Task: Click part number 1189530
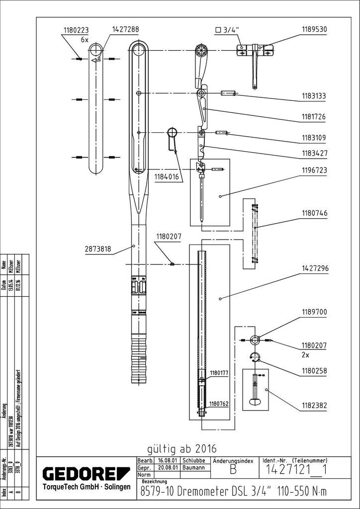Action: [313, 29]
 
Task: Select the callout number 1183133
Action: [313, 96]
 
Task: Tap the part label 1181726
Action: [313, 118]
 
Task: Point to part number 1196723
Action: [313, 170]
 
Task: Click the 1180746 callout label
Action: [313, 213]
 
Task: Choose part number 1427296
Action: [313, 269]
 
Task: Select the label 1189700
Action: [313, 313]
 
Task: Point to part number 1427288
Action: [125, 30]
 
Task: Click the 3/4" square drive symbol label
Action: [227, 30]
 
